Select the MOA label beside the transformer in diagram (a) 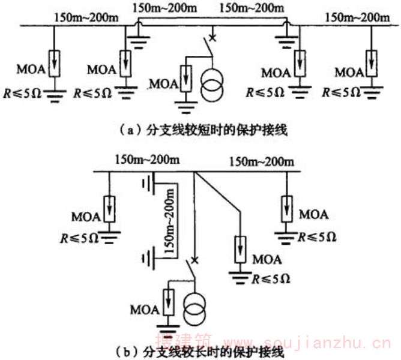(x=164, y=81)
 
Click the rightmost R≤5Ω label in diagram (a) (x=341, y=92)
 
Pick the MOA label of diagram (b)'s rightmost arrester (x=313, y=213)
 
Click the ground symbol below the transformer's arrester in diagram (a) (x=186, y=110)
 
